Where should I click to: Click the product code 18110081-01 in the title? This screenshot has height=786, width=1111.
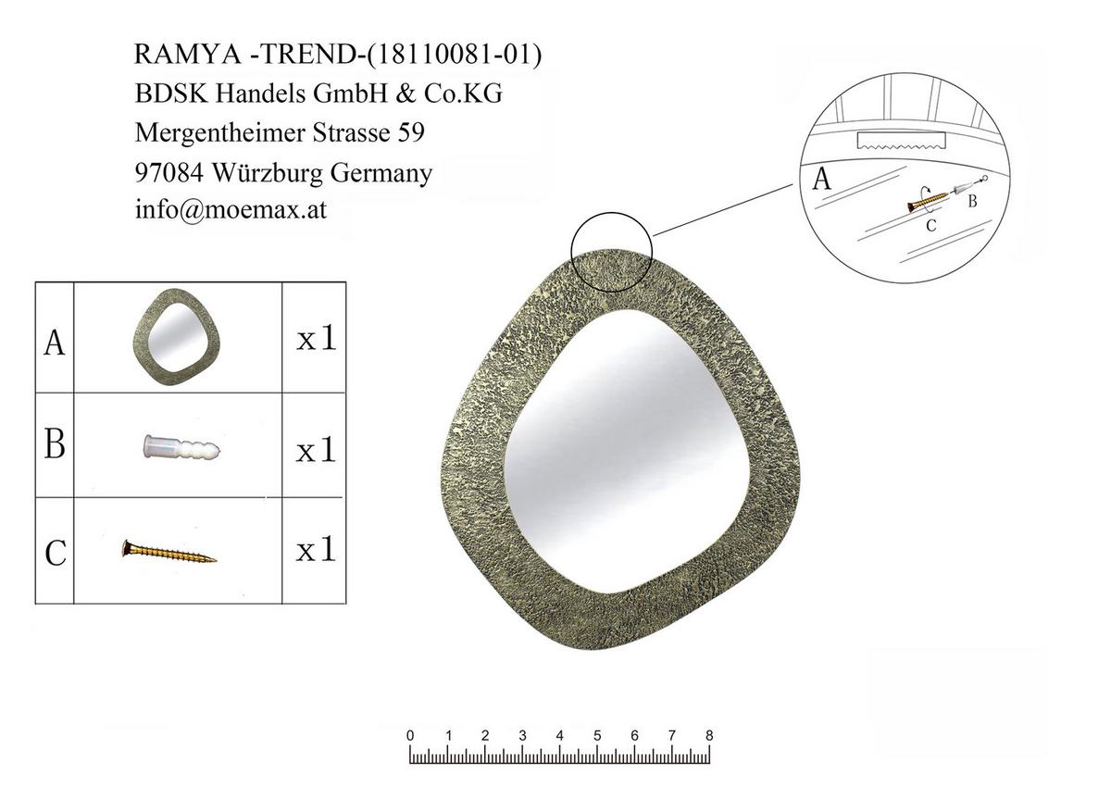point(453,54)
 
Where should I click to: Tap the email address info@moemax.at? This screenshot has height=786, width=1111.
point(231,210)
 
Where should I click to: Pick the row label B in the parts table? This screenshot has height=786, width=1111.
point(55,445)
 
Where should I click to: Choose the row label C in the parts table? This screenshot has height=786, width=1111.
point(55,553)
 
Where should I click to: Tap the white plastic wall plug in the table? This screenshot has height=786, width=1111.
point(181,449)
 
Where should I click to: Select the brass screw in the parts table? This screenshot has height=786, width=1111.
point(169,553)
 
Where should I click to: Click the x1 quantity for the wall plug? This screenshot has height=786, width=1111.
point(315,451)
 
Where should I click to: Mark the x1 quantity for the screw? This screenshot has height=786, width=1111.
point(315,551)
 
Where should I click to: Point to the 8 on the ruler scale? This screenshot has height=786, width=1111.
point(709,736)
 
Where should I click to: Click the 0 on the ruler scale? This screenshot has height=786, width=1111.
point(410,736)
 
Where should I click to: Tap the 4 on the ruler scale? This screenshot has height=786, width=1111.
point(559,736)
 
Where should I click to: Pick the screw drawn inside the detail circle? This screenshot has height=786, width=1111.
point(930,197)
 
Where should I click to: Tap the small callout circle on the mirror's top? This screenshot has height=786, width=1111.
point(612,250)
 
